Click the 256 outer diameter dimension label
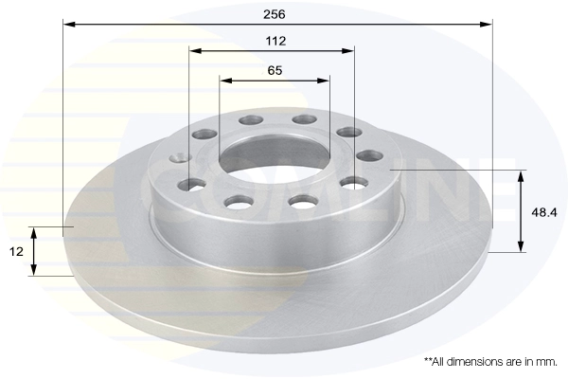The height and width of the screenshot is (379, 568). point(275,14)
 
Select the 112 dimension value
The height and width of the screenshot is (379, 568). point(275,41)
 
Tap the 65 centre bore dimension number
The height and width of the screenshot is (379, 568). point(275,70)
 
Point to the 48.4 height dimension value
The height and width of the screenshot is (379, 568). point(544,212)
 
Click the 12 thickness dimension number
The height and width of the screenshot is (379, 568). point(16,251)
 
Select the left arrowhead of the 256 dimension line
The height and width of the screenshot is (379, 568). point(69,25)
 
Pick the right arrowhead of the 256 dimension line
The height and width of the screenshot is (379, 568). point(487,25)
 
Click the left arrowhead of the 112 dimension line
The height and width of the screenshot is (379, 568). point(195,51)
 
